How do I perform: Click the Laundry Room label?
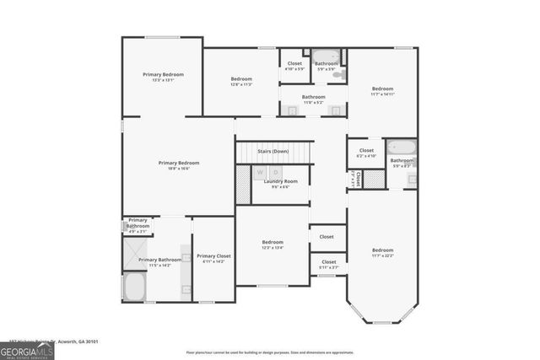pos(281,181)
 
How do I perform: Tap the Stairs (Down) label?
pos(273,151)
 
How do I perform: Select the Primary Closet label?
pos(213,256)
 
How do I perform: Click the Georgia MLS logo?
pos(26,348)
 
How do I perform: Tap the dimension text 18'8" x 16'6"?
pos(179,169)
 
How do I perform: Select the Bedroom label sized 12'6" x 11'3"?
pos(242,80)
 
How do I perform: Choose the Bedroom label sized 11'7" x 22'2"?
pos(382,250)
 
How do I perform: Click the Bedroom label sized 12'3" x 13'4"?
pos(272,243)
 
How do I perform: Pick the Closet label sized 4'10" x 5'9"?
pos(294,63)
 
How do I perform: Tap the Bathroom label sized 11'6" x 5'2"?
pos(314,97)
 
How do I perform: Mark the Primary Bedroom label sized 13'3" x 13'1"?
pos(163,75)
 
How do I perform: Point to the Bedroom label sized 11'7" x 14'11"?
pos(382,89)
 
